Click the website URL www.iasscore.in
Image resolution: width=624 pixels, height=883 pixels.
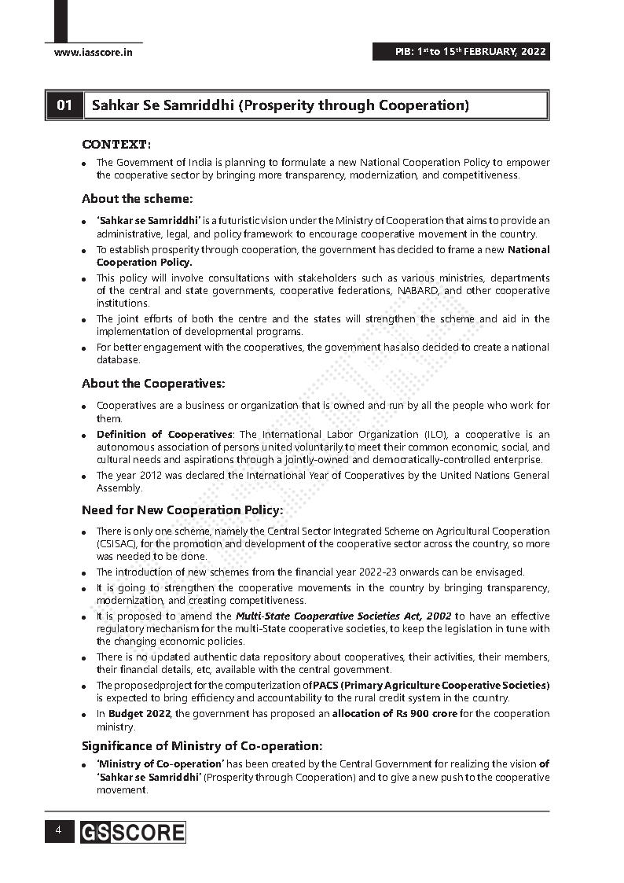click(x=93, y=53)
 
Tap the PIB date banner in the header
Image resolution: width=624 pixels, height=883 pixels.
click(x=461, y=53)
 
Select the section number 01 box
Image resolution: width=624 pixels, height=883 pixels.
click(x=64, y=105)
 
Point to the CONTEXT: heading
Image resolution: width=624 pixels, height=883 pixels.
click(x=116, y=145)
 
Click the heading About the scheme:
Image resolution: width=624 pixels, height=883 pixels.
click(x=137, y=199)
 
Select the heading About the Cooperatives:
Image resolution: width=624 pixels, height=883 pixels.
click(x=153, y=384)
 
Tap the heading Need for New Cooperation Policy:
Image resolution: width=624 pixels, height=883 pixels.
click(x=182, y=510)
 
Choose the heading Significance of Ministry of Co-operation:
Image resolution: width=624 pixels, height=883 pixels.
click(x=202, y=745)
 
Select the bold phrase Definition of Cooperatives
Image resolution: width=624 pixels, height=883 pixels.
click(x=164, y=435)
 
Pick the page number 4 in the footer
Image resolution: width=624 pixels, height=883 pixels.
click(x=58, y=830)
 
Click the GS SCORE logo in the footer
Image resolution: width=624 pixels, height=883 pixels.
click(x=133, y=832)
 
